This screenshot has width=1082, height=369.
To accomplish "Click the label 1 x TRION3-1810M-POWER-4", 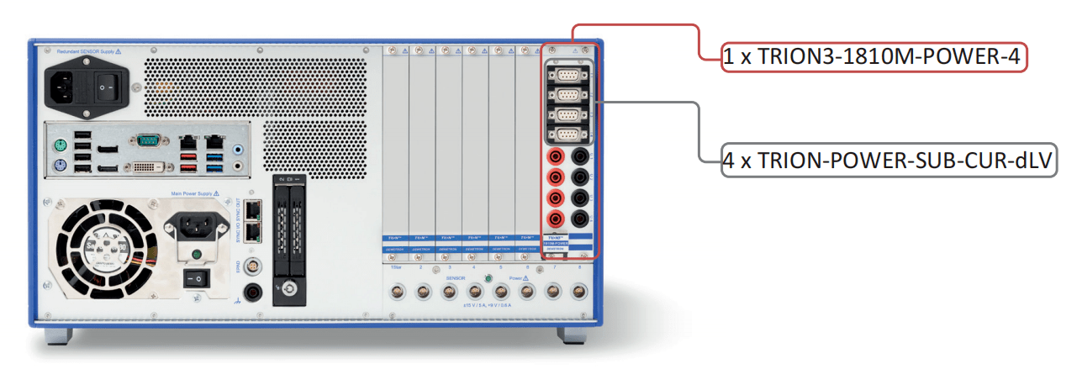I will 874,57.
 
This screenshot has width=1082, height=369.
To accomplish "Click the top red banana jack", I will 556,156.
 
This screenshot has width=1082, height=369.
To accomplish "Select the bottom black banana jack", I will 581,219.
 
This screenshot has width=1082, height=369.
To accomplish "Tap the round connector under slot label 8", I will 578,292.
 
